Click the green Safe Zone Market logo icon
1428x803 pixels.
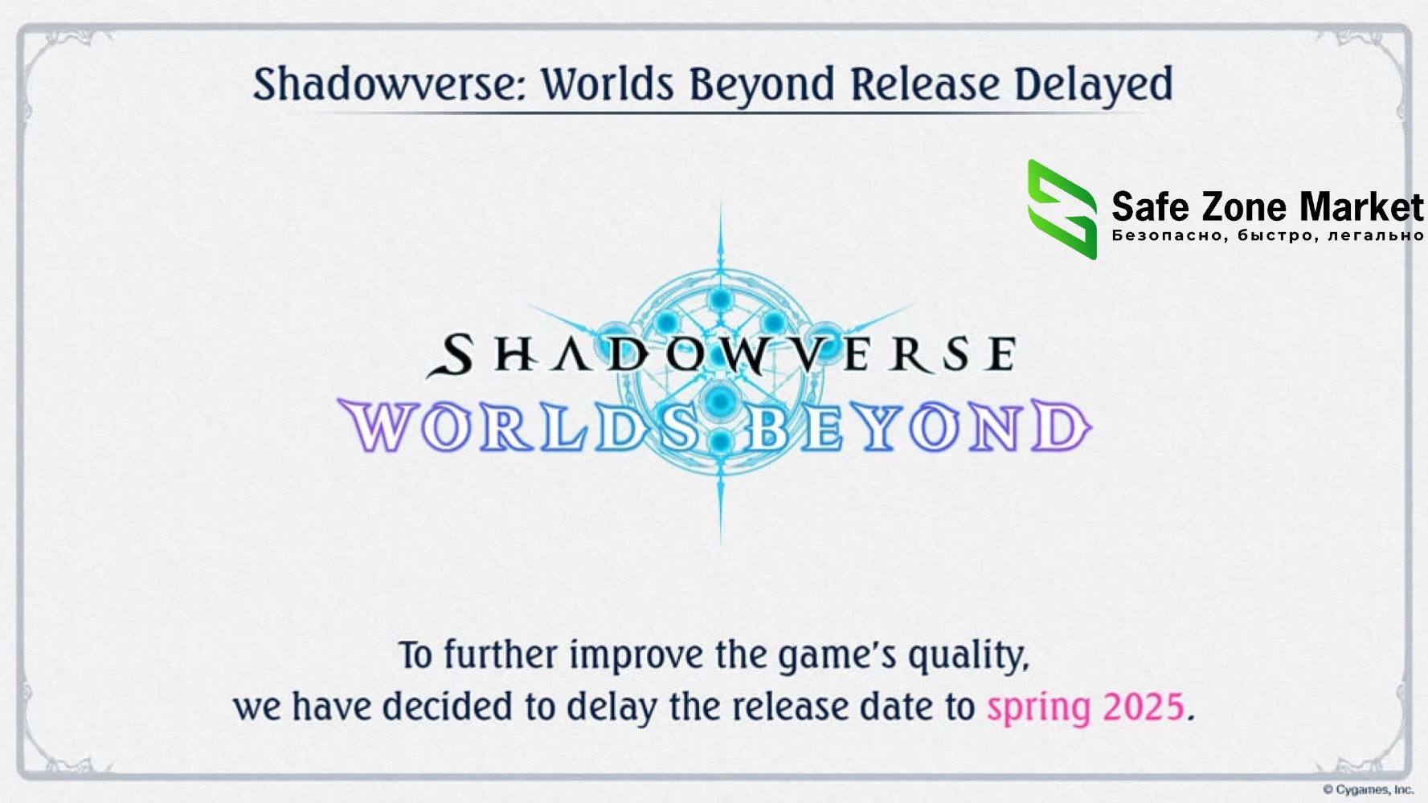coord(1062,209)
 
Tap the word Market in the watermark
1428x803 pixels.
coord(1361,207)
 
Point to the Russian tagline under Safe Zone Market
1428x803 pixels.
coord(1267,235)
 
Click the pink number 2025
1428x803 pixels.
coord(1144,707)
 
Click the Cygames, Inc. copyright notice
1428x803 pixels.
coord(1368,789)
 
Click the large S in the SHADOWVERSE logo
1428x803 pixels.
coord(450,356)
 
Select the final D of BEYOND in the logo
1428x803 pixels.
coord(1061,426)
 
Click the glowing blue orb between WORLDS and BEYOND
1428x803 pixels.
coord(720,400)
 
